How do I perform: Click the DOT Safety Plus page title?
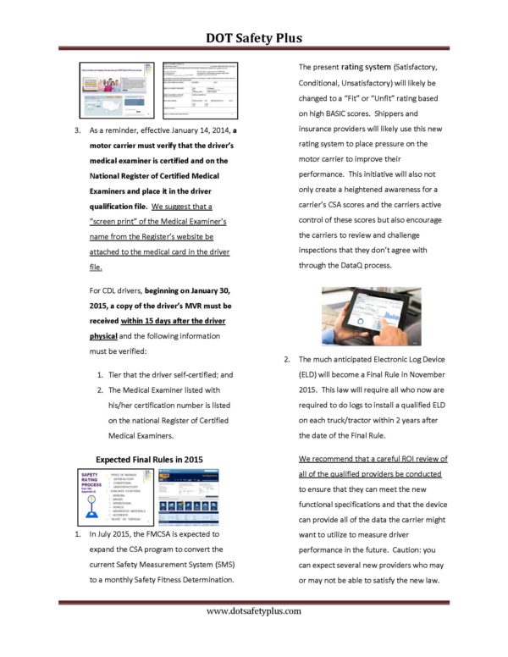click(x=254, y=37)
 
